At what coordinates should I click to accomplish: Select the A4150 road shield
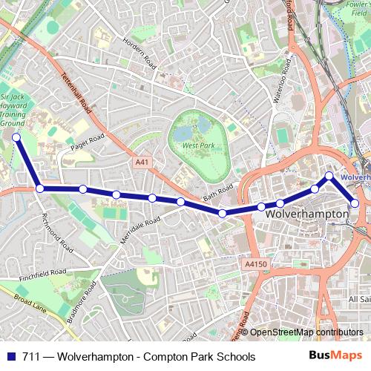click(254, 263)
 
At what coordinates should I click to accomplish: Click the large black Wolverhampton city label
click(306, 214)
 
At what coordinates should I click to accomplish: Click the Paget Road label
click(85, 141)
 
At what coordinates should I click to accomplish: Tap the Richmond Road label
click(57, 232)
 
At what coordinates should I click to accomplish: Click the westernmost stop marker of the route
click(16, 137)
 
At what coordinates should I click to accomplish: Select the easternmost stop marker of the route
click(355, 203)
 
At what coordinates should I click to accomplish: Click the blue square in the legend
click(10, 357)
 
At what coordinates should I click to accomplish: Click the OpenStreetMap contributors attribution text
click(302, 332)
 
